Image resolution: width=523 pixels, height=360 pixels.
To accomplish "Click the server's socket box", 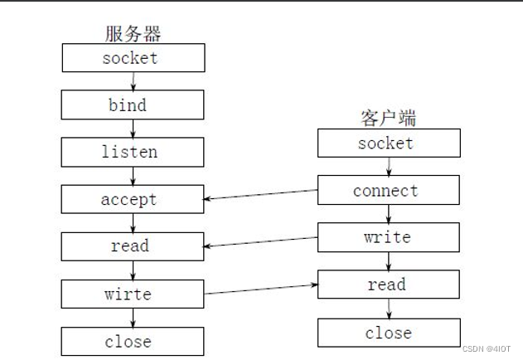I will [x=133, y=58].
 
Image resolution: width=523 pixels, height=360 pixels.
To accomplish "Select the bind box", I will [x=133, y=105].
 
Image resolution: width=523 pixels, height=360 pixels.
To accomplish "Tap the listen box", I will [x=133, y=153].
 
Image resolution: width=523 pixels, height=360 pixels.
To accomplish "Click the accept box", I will [x=133, y=200].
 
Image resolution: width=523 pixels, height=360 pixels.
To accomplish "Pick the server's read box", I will [x=133, y=246].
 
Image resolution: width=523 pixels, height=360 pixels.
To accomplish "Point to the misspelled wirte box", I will [x=133, y=294].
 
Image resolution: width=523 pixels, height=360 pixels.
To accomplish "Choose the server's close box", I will [x=133, y=341].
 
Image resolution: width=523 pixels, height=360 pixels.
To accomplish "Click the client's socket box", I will [x=388, y=144].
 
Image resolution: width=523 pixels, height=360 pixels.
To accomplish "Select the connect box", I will [x=388, y=191].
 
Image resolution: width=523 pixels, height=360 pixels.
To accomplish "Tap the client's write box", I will [x=388, y=238].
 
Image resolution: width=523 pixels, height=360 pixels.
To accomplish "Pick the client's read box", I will [x=388, y=285].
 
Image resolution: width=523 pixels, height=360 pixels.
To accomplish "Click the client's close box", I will [x=388, y=333].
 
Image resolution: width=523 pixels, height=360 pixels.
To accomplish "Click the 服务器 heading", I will [x=133, y=34].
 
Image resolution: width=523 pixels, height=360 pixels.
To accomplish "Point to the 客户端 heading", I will [x=388, y=119].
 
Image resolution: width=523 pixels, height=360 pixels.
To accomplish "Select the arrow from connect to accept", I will [x=261, y=195].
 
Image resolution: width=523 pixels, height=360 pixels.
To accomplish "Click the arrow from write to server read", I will [x=261, y=242].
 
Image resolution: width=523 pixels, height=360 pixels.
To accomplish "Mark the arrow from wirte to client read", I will [x=261, y=289].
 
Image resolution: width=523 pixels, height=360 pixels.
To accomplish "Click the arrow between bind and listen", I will [x=133, y=129].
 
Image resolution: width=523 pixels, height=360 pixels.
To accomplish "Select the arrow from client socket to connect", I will [x=389, y=167].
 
